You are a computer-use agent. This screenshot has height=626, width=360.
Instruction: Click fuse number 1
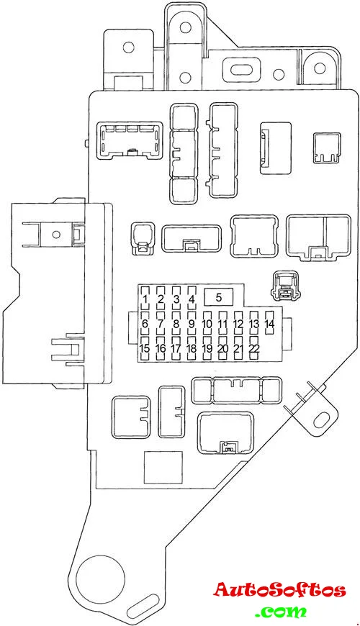145,299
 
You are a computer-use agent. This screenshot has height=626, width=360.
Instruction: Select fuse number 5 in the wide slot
219,297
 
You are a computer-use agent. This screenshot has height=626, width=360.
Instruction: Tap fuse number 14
270,324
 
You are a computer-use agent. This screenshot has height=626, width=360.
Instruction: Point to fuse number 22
253,348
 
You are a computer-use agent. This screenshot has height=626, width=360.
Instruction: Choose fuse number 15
145,348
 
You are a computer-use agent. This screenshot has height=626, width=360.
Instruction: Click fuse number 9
192,324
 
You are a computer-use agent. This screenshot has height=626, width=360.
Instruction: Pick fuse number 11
223,324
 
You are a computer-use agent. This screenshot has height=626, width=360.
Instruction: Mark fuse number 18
192,348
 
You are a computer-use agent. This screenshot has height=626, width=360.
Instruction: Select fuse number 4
192,299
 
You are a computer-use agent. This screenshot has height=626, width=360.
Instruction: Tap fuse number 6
145,324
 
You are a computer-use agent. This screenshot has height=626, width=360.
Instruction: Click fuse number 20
223,348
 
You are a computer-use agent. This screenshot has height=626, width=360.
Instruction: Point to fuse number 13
253,324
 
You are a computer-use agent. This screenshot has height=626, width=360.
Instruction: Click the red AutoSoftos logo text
279,590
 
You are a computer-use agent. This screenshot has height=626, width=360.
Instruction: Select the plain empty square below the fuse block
163,468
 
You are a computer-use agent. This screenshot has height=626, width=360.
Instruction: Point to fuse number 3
176,299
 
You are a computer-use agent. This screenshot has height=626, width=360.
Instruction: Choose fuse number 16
161,348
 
